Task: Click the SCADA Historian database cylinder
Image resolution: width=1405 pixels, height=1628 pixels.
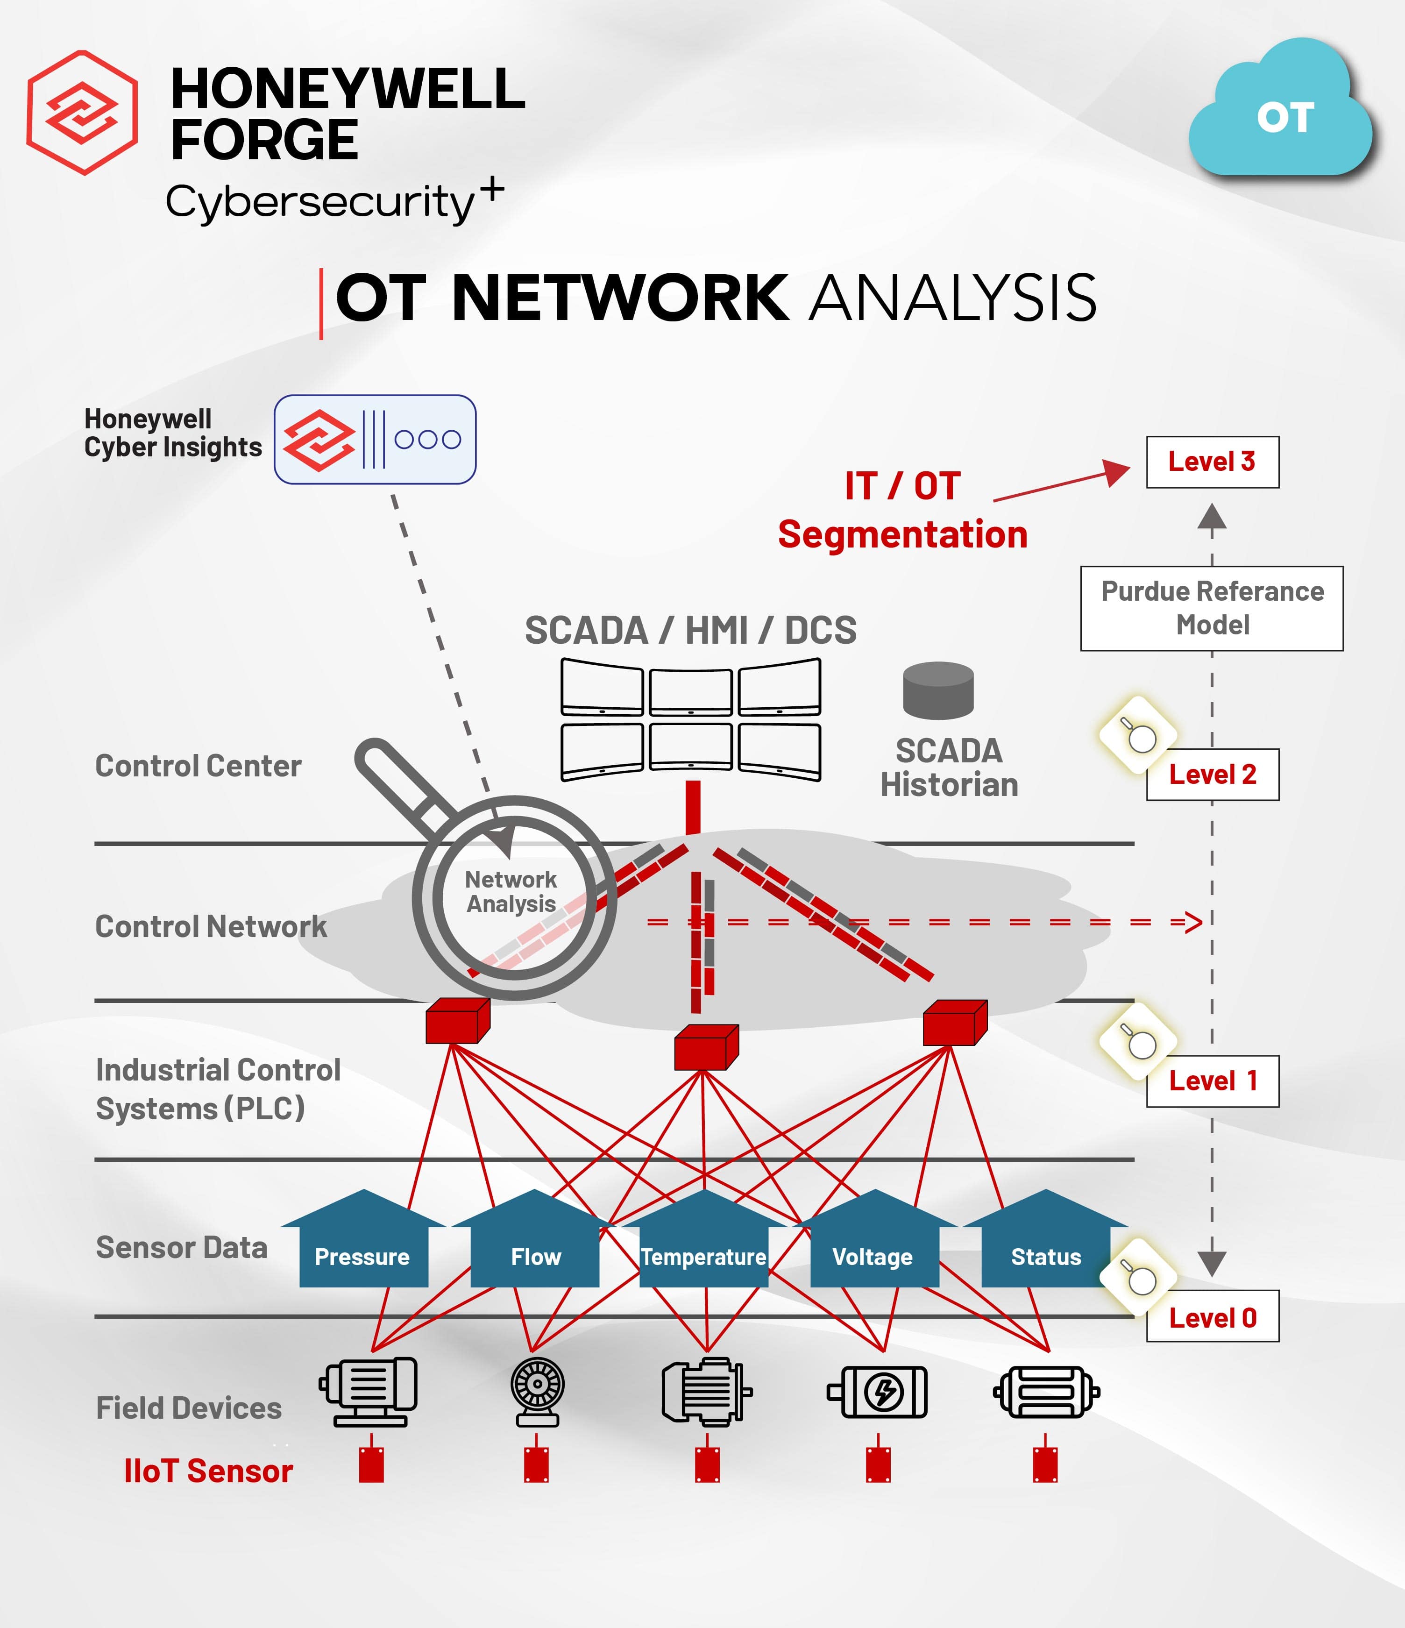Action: click(938, 690)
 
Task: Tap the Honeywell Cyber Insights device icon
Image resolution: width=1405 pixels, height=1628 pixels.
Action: click(375, 439)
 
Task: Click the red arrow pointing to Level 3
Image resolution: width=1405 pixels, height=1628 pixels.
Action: click(1061, 485)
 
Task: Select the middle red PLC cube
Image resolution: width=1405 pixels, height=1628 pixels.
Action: click(706, 1047)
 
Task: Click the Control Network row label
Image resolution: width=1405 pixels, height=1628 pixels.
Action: click(211, 926)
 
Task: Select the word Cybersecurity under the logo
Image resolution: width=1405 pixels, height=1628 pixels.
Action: click(320, 202)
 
